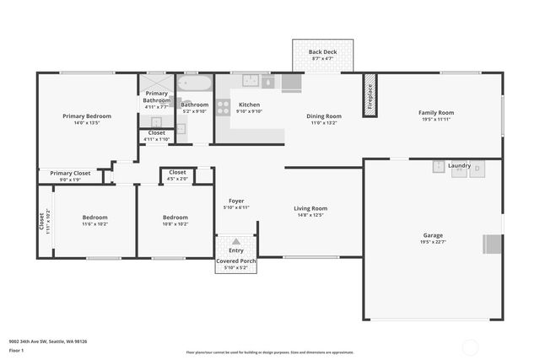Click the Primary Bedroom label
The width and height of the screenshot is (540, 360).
pos(87,116)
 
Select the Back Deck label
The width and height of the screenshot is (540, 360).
pos(321,51)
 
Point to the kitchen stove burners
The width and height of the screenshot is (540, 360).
pos(224,107)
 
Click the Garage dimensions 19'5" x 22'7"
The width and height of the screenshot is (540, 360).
pos(433,243)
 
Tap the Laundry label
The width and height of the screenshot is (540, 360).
pos(459,165)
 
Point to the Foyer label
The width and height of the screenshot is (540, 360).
pos(236,201)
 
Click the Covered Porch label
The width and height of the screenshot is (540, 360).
pos(236,261)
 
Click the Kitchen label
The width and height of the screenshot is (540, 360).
pos(249,104)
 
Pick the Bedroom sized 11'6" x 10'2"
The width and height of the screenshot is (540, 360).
pos(94,218)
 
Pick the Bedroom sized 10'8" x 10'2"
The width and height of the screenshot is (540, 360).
pos(175,218)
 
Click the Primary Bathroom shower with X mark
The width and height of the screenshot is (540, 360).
pos(155,82)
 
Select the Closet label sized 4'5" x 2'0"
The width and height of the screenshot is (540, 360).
pos(177,172)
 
